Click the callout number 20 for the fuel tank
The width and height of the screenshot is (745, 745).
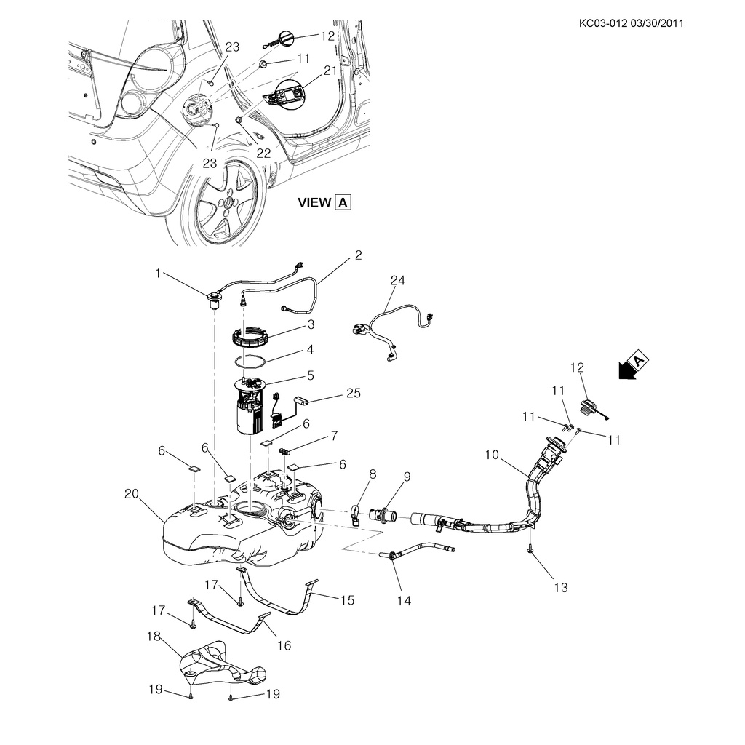(x=131, y=493)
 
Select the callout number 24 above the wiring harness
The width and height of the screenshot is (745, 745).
(x=397, y=281)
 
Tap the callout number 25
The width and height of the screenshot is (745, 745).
(x=353, y=394)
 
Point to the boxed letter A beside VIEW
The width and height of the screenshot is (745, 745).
(x=343, y=202)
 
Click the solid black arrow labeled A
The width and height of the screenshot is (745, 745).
(x=626, y=368)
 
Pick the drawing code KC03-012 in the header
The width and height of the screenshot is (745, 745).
(x=603, y=23)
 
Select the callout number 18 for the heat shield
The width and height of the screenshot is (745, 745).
(x=154, y=636)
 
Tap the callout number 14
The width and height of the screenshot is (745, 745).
(x=404, y=600)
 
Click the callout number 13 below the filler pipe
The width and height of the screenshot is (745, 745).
(x=560, y=587)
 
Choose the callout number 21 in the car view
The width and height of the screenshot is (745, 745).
(x=331, y=71)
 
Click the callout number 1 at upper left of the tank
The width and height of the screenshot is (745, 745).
(x=158, y=273)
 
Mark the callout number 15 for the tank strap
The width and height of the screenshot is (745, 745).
(x=347, y=600)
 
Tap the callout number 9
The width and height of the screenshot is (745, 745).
(x=407, y=477)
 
